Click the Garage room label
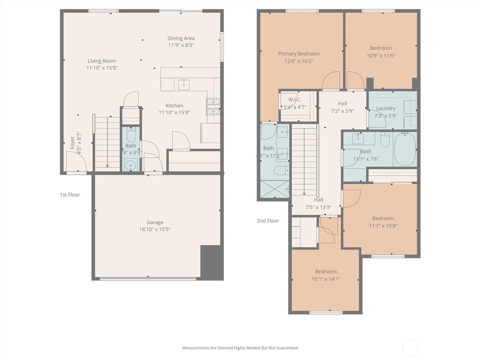coord(155,222)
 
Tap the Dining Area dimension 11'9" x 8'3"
coord(181,45)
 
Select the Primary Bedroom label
coord(298,54)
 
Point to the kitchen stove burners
coord(213,106)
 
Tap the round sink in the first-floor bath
coord(130,165)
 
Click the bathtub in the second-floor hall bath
coord(405,149)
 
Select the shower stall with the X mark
coord(274,189)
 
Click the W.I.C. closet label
coord(295,100)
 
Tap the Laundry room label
coord(385,108)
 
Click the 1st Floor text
coord(70,195)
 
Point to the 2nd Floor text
coord(268,221)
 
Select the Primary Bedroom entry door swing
coord(331,80)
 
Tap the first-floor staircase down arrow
coord(107,165)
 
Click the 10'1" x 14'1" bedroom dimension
coord(326,279)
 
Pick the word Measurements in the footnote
coord(196,348)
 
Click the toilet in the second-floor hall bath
coord(385,140)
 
